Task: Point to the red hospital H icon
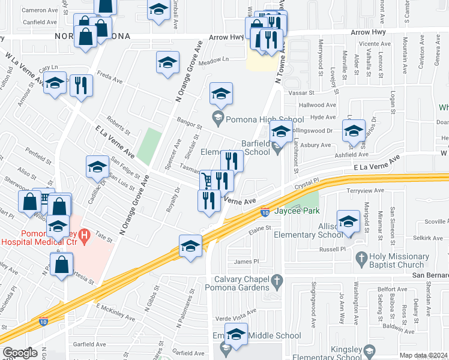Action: click(85, 233)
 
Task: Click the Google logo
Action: click(19, 353)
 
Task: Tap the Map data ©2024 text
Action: click(423, 355)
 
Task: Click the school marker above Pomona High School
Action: click(221, 94)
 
